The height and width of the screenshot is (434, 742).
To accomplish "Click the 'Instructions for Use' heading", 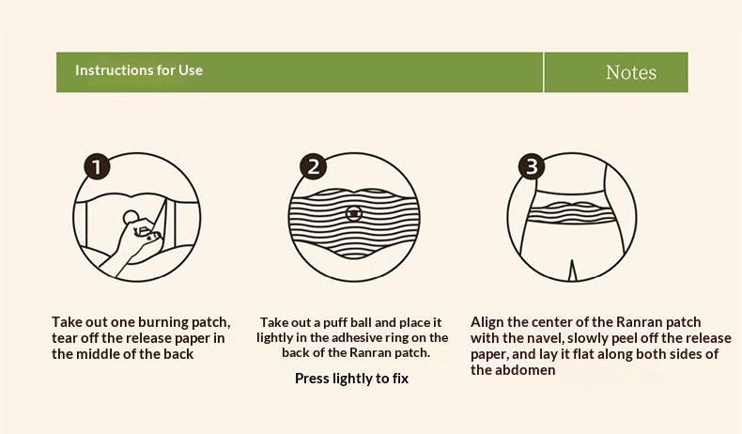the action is coord(139,70).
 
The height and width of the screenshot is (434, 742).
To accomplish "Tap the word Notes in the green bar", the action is coord(631,72).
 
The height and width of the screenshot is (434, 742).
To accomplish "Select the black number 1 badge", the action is coord(97,166).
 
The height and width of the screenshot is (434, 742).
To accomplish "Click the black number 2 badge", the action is coord(314,166).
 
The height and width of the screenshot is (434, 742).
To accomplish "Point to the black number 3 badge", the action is coord(532,166).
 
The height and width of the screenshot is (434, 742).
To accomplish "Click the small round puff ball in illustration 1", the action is coord(131,217).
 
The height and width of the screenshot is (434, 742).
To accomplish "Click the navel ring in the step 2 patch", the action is coord(353,214).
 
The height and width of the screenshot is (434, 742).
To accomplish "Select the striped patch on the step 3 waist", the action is coord(571,212).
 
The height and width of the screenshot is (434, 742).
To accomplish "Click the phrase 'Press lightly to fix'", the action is coord(351,379).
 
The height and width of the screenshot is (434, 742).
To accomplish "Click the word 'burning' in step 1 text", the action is coord(162,322).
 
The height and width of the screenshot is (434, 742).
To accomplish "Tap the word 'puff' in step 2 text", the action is coord(335,323).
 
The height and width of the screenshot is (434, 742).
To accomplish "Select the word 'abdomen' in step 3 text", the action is coord(527,370).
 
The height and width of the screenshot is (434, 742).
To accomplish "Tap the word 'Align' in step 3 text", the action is coord(487,322).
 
